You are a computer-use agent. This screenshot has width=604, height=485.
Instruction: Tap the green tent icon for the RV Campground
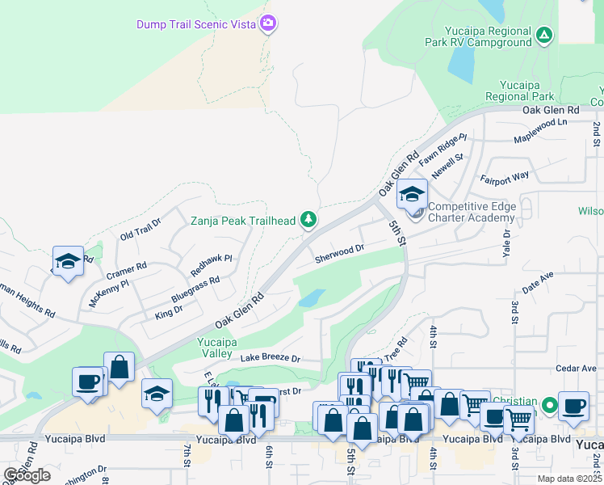[544, 35]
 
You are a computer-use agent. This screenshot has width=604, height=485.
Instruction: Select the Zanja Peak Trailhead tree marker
[308, 218]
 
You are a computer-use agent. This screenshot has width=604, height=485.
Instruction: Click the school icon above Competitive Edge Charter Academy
[411, 194]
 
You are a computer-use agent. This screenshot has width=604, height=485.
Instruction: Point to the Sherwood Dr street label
[340, 254]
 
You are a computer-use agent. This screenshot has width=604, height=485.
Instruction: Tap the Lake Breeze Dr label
[270, 357]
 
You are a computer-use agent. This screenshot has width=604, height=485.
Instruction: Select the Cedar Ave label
[577, 369]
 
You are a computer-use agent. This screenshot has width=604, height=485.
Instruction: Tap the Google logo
[27, 475]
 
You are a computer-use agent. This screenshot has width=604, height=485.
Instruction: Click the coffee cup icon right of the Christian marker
[574, 407]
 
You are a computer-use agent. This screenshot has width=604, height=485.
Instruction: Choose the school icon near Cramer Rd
[68, 261]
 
